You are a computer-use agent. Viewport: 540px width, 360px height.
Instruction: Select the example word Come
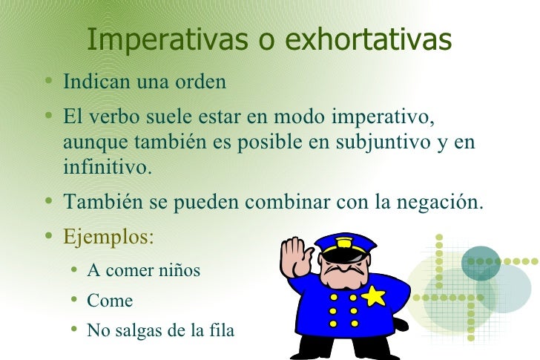coord(110,301)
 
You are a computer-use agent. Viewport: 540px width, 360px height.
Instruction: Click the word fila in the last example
coord(220,330)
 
